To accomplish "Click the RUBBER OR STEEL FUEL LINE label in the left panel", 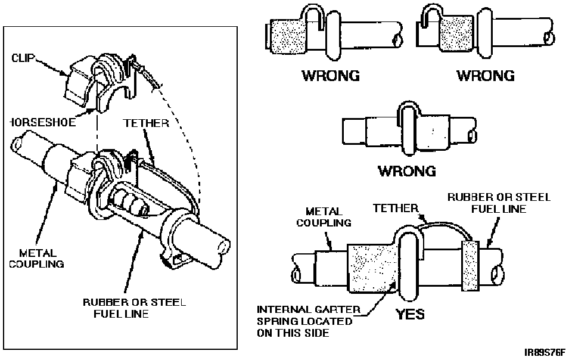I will coord(134,308).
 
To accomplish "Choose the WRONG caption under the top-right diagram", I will coord(486,76).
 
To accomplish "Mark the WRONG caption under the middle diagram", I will coord(407,171).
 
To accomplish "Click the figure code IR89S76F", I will coord(545,353).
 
